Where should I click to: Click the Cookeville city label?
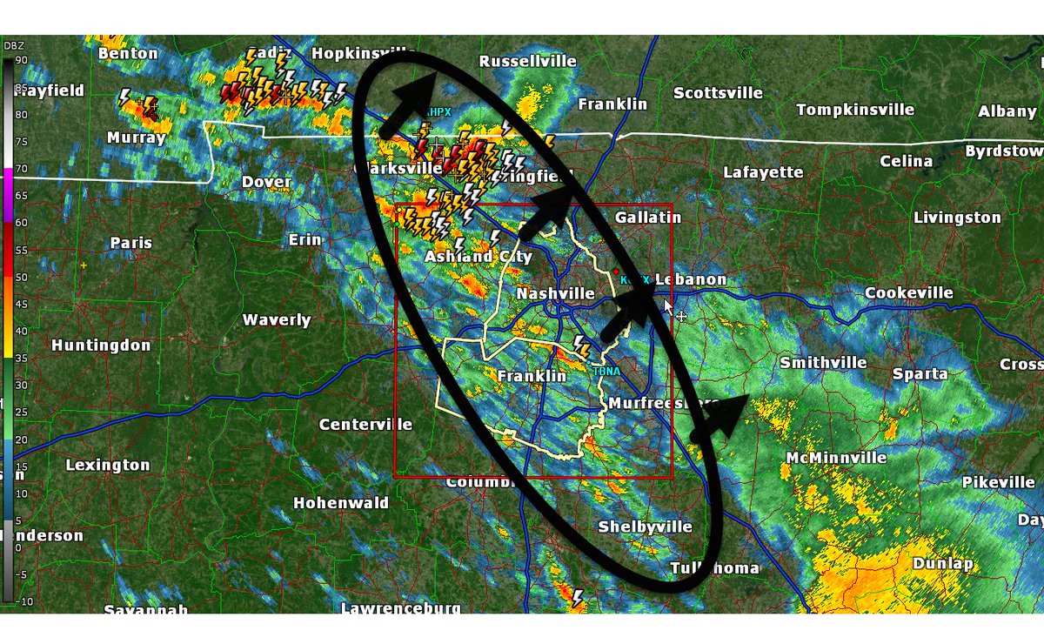pos(909,293)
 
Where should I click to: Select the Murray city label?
pos(137,138)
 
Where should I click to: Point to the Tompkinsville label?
pos(855,110)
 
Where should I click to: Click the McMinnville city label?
pos(836,458)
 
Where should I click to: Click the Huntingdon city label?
pos(101,345)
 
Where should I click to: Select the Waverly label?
pos(277,320)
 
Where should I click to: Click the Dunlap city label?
pos(942,563)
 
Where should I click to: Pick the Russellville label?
pos(528,61)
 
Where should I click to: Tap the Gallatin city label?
pos(647,217)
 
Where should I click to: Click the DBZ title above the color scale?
pos(13,44)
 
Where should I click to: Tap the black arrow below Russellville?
pos(409,104)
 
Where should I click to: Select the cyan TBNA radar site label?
pos(606,372)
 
